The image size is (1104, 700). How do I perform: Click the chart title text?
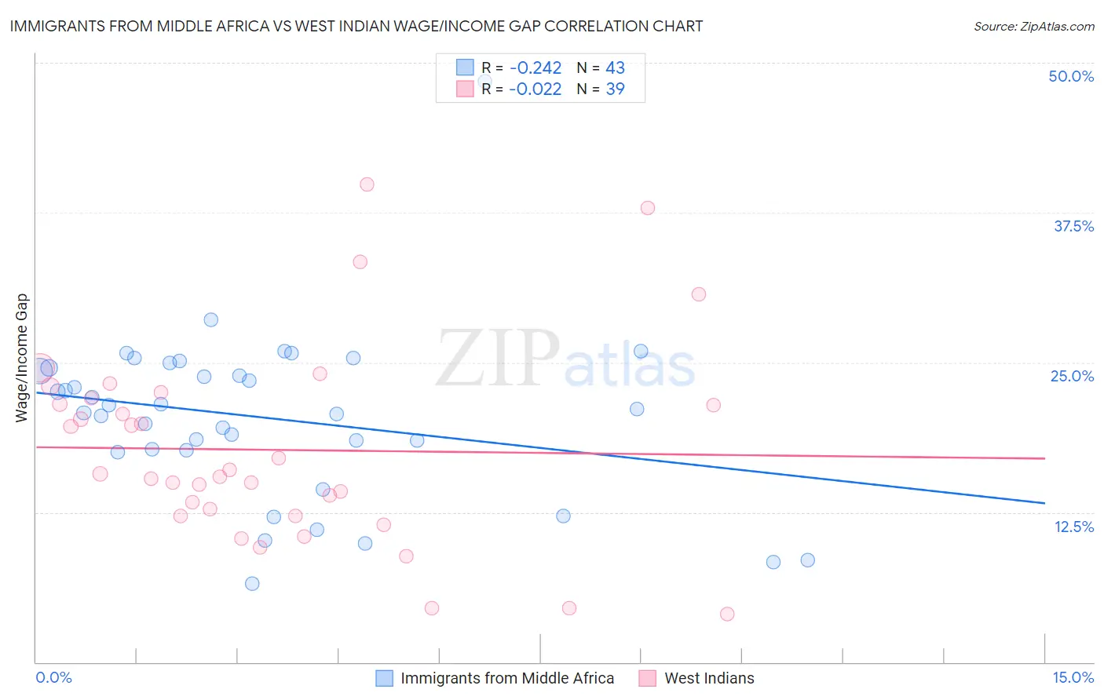(x=356, y=26)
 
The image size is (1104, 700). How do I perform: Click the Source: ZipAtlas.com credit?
(x=1033, y=27)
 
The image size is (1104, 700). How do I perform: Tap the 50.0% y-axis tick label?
(x=1071, y=76)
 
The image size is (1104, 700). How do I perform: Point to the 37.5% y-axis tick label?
(x=1073, y=226)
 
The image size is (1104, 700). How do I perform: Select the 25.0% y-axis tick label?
(x=1072, y=376)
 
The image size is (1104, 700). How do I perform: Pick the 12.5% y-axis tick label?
(x=1073, y=527)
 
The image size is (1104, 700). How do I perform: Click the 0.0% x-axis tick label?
(x=53, y=677)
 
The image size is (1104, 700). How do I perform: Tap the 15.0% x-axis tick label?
(x=1073, y=677)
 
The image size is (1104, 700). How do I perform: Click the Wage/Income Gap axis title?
(x=22, y=358)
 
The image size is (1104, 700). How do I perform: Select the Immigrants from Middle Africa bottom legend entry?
(x=507, y=678)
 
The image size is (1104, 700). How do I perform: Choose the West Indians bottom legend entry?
(x=709, y=678)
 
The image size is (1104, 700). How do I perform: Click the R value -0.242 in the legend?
(x=536, y=68)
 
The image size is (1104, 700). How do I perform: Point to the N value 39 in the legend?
(x=615, y=89)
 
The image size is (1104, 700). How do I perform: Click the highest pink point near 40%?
(x=367, y=184)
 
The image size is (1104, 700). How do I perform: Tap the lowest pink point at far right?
(x=727, y=614)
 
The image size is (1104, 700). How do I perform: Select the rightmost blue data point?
(x=807, y=560)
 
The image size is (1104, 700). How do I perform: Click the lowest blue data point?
(x=252, y=583)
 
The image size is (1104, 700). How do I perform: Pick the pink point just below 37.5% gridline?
(x=648, y=208)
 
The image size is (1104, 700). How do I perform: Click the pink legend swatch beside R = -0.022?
(x=465, y=89)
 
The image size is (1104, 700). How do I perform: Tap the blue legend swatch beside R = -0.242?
(x=465, y=67)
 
